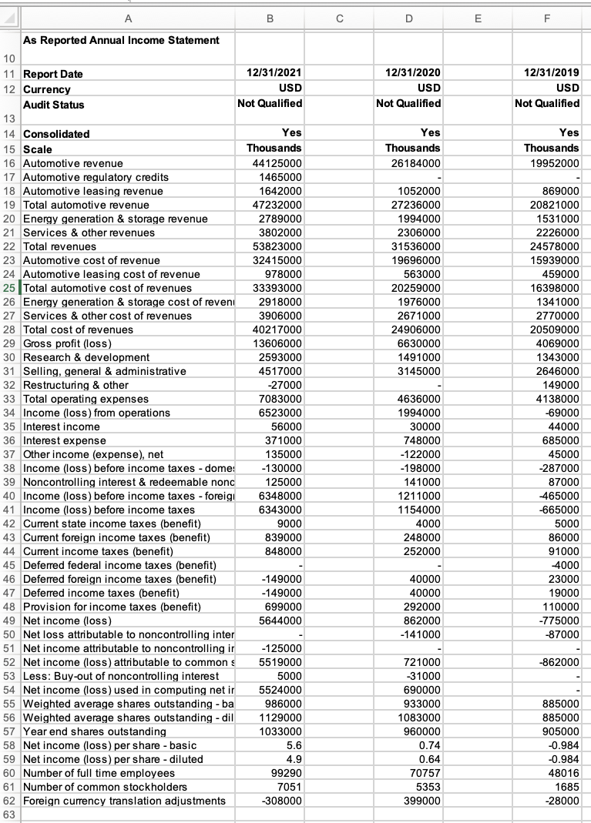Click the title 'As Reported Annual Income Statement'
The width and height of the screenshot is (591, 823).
(121, 40)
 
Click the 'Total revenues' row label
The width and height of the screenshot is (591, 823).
(60, 246)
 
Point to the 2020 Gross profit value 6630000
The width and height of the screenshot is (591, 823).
(418, 343)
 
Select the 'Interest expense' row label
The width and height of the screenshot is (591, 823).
(65, 440)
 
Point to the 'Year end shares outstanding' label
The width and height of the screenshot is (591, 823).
(95, 731)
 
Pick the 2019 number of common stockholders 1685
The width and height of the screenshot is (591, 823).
(567, 787)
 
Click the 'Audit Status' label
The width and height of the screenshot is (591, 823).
(54, 104)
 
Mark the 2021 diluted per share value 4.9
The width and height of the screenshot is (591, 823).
(294, 759)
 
